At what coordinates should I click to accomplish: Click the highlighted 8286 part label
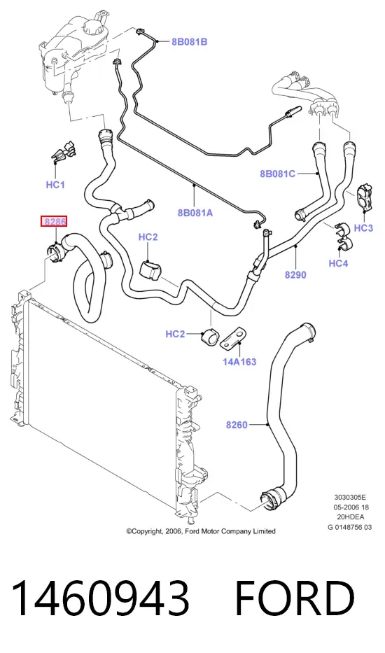pyautogui.click(x=53, y=222)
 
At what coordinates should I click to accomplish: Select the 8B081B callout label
pyautogui.click(x=190, y=42)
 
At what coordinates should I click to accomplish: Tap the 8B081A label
pyautogui.click(x=195, y=213)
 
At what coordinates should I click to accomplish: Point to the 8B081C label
pyautogui.click(x=277, y=174)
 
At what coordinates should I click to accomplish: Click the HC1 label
pyautogui.click(x=55, y=185)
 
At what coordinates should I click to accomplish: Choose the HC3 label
pyautogui.click(x=363, y=227)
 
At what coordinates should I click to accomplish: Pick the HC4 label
pyautogui.click(x=338, y=263)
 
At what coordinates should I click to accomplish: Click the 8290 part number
pyautogui.click(x=295, y=275)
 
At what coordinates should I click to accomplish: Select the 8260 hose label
pyautogui.click(x=237, y=426)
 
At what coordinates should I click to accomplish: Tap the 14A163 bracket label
pyautogui.click(x=239, y=362)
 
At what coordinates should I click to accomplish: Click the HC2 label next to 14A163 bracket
pyautogui.click(x=176, y=334)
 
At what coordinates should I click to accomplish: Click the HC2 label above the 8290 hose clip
pyautogui.click(x=148, y=237)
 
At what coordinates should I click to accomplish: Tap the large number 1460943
pyautogui.click(x=100, y=598)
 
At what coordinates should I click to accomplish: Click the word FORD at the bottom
pyautogui.click(x=295, y=598)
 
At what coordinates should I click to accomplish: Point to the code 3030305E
pyautogui.click(x=350, y=497)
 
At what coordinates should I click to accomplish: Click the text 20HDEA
pyautogui.click(x=351, y=517)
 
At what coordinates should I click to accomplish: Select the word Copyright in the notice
pyautogui.click(x=148, y=531)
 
